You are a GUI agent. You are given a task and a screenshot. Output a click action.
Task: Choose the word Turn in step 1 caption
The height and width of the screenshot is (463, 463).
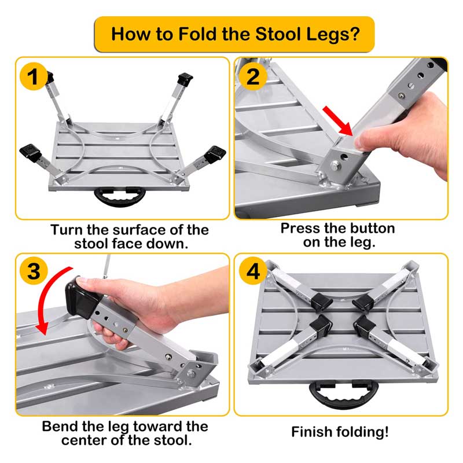coord(67,230)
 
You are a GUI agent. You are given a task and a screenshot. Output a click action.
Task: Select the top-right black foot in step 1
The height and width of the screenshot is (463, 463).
coord(185,79)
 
